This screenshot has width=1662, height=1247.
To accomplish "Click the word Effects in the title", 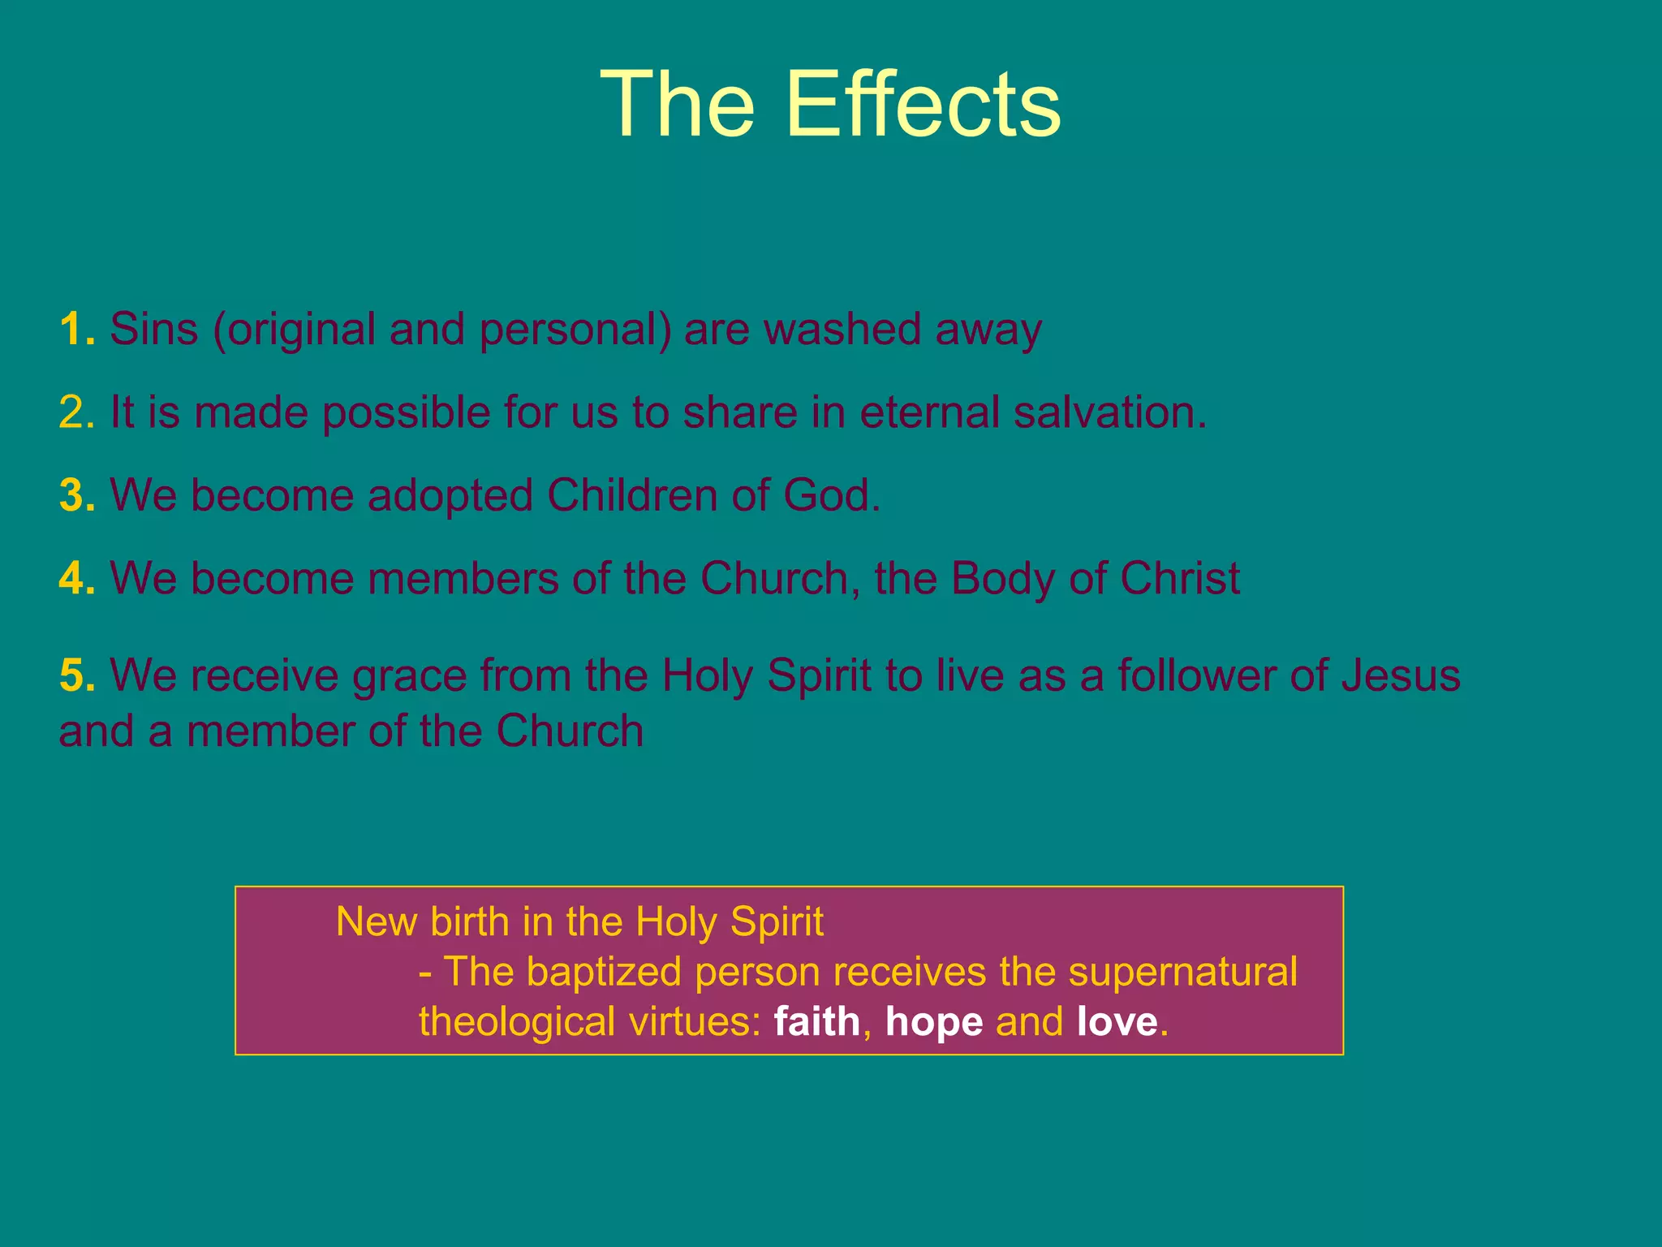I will point(923,104).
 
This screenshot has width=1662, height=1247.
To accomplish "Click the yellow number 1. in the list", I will point(77,330).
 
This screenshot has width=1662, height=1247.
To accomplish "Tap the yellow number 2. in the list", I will point(77,412).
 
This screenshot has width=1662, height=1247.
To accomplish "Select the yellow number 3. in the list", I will point(77,495).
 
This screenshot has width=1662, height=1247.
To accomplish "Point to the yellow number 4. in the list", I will point(77,579).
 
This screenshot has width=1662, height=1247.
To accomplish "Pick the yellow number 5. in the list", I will point(77,675).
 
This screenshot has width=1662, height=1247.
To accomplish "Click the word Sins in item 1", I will point(154,330).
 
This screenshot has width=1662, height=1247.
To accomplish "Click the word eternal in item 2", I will point(930,412).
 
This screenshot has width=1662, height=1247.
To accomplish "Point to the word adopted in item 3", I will point(450,497).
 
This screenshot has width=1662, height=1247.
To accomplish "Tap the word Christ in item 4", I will point(1180,579).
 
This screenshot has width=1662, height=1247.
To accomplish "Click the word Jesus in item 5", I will point(1400,675).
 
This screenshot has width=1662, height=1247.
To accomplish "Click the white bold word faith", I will point(816,1021).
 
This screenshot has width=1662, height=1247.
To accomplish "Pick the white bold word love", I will point(1117,1021).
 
